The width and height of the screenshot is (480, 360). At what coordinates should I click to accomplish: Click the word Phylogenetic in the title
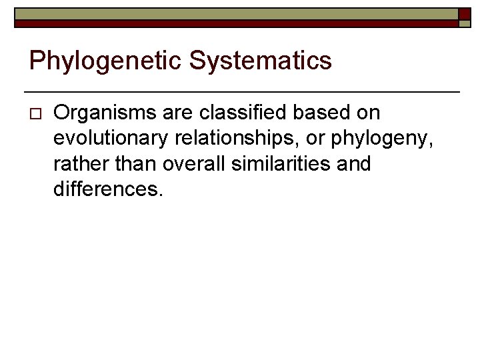105,61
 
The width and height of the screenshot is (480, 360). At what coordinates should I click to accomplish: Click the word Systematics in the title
260,61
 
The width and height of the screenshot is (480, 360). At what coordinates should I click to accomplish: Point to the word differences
107,189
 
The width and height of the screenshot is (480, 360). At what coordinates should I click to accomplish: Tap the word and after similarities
353,164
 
